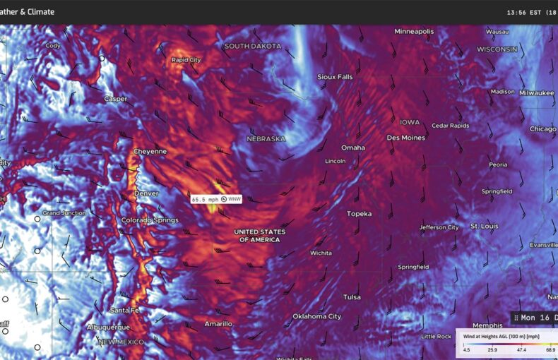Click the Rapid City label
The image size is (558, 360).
click(186, 60)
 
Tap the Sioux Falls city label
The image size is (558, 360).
click(335, 76)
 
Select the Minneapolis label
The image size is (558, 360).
click(414, 32)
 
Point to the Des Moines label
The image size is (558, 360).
click(405, 138)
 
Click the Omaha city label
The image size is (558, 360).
click(353, 148)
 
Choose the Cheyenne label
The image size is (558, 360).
click(150, 151)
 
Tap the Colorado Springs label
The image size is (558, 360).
click(149, 220)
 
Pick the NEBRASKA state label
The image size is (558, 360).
click(266, 139)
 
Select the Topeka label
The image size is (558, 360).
click(359, 213)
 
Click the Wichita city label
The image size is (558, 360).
click(321, 253)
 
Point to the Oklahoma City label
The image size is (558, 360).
click(316, 316)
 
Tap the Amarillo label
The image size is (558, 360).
click(218, 323)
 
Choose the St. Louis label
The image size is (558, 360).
click(485, 227)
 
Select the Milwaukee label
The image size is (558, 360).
click(537, 92)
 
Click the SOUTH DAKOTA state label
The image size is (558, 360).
click(252, 46)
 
